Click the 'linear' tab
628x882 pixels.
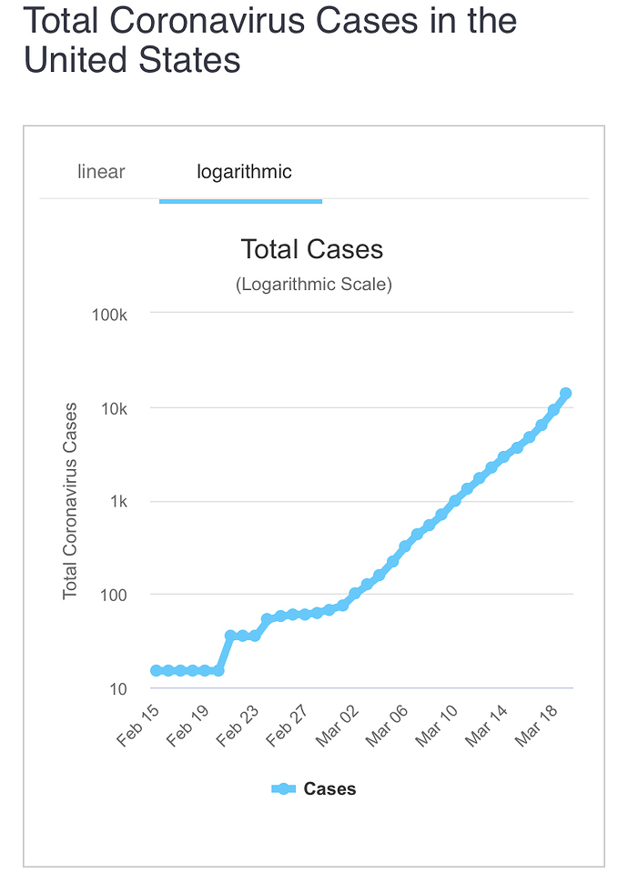tap(101, 172)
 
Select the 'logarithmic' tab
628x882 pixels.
tap(244, 172)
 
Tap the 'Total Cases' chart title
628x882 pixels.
tap(312, 249)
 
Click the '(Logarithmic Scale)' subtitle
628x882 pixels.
tap(313, 285)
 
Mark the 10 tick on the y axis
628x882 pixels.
tap(119, 689)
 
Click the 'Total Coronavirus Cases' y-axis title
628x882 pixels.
tap(70, 501)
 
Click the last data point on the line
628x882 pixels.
tap(565, 394)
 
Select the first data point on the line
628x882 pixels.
tap(157, 670)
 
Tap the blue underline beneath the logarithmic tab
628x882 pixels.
tap(240, 201)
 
